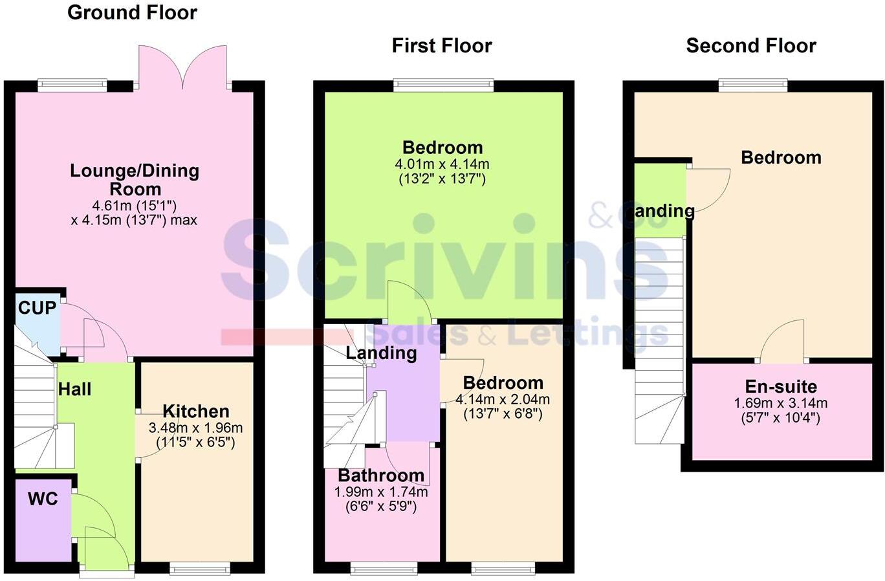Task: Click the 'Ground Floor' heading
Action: click(x=132, y=12)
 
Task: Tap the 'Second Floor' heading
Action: click(x=751, y=46)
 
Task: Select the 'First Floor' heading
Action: click(x=442, y=46)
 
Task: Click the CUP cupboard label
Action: click(x=37, y=308)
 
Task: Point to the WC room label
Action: click(x=43, y=499)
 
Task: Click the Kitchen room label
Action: click(x=195, y=411)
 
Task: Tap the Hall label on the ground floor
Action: click(x=75, y=389)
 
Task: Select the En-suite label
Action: click(x=781, y=387)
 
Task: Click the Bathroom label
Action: click(x=381, y=476)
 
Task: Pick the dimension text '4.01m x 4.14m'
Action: click(x=442, y=164)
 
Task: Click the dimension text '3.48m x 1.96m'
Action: click(x=195, y=428)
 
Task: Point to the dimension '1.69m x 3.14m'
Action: click(x=781, y=404)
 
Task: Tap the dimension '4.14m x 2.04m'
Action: click(x=503, y=399)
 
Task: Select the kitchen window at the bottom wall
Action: click(x=199, y=569)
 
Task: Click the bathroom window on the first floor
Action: click(x=384, y=569)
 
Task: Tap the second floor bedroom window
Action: click(x=752, y=85)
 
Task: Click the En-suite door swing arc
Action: click(x=783, y=340)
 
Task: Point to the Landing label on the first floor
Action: click(x=381, y=353)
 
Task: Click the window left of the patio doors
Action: click(x=72, y=85)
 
